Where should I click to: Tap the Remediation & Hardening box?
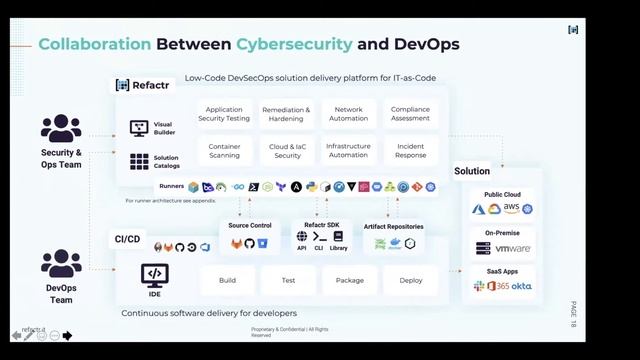click(287, 114)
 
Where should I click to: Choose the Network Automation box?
click(348, 114)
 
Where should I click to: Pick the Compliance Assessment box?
click(410, 114)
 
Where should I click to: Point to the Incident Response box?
click(410, 150)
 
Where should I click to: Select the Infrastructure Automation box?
click(348, 150)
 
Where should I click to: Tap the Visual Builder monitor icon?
click(139, 128)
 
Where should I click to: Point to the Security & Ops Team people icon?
click(61, 129)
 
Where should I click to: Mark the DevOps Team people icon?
click(61, 263)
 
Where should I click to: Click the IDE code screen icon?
click(154, 273)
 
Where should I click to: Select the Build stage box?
click(227, 280)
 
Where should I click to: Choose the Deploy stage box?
click(411, 280)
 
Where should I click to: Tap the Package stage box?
click(349, 280)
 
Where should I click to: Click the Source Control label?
click(250, 226)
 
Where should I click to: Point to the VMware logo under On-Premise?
click(513, 248)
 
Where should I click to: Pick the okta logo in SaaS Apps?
click(522, 286)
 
